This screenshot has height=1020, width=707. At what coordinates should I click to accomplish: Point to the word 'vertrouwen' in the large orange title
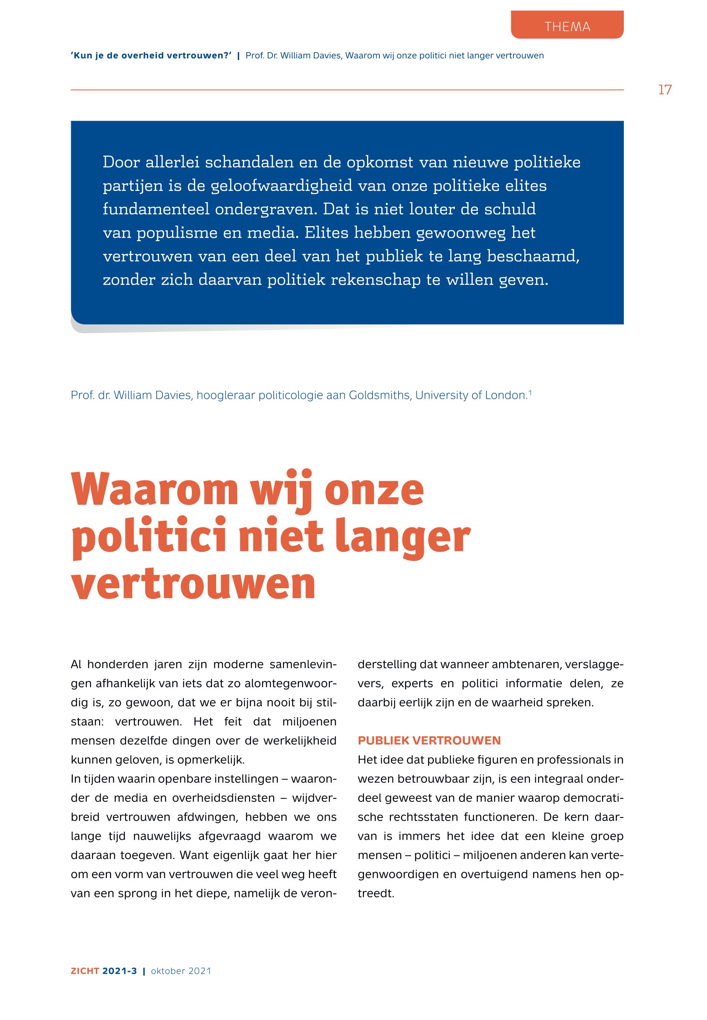(x=193, y=583)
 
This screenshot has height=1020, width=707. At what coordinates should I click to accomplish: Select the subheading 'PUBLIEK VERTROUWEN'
(x=429, y=740)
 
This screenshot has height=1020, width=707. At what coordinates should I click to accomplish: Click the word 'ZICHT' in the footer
(x=85, y=971)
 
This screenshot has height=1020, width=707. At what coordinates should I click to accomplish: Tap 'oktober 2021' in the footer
(x=181, y=971)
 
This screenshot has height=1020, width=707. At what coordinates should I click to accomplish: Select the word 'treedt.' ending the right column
(x=376, y=893)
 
